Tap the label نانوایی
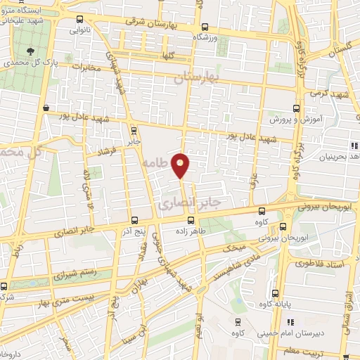[x=78, y=31]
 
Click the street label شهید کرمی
[x=333, y=94]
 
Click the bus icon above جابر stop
[x=134, y=129]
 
